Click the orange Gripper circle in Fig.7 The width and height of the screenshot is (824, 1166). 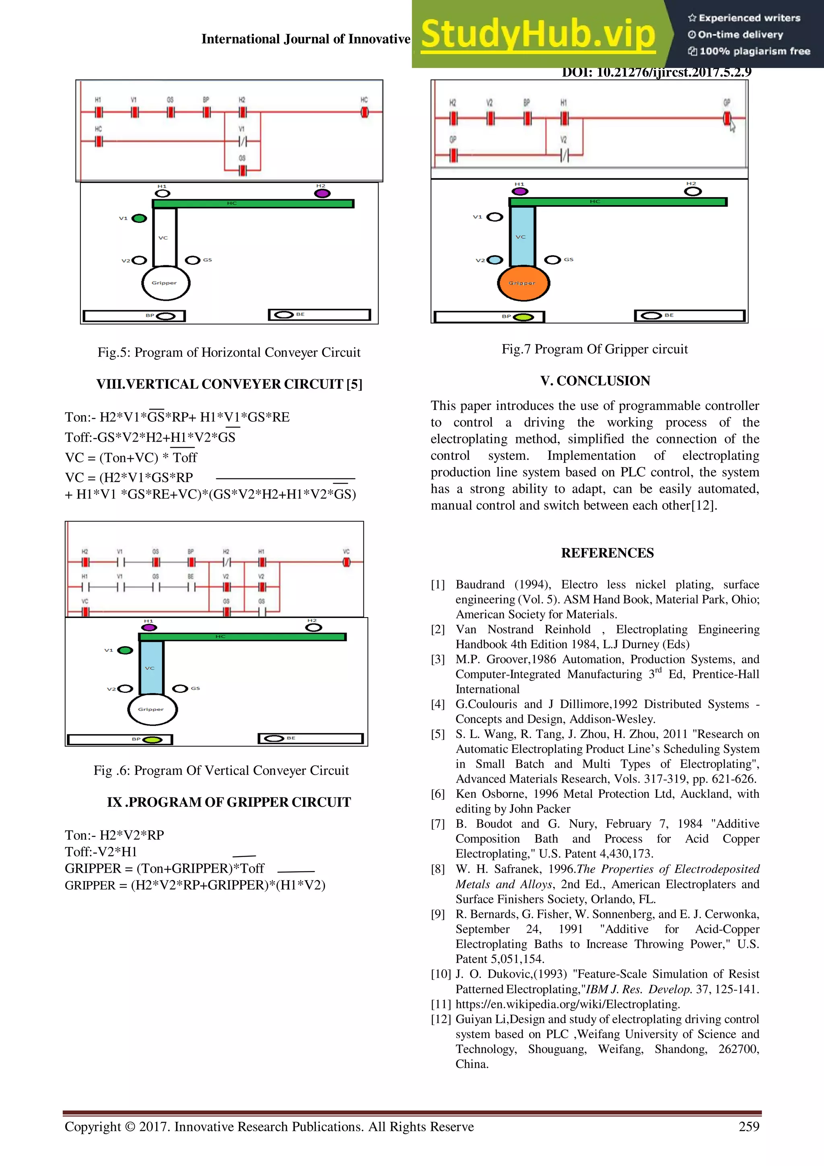[x=523, y=283]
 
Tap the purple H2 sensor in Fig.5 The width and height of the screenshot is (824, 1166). [x=322, y=193]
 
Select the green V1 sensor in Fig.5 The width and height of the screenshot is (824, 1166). [x=139, y=218]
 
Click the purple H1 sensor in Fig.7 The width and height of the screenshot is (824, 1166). [x=519, y=192]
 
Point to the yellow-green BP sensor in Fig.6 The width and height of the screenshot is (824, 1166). [x=152, y=740]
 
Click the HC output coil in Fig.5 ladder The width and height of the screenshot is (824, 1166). [x=365, y=112]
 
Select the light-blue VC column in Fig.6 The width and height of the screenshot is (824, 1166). [x=151, y=667]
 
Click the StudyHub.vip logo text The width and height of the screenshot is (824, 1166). [x=538, y=35]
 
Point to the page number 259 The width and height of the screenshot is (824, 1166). [x=749, y=1127]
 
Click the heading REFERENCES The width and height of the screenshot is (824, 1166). [x=607, y=553]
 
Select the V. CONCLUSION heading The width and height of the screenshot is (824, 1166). [x=595, y=381]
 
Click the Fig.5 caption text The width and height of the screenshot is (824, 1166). [x=229, y=352]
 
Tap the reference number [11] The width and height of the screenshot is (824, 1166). [x=441, y=1004]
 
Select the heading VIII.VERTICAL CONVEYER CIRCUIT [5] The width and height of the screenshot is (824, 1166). [x=229, y=384]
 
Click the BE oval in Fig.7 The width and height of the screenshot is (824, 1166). [x=651, y=315]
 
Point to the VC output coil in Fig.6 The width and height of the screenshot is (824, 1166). [x=346, y=562]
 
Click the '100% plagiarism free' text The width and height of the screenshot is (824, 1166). [x=750, y=51]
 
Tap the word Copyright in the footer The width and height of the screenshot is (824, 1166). [x=93, y=1127]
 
